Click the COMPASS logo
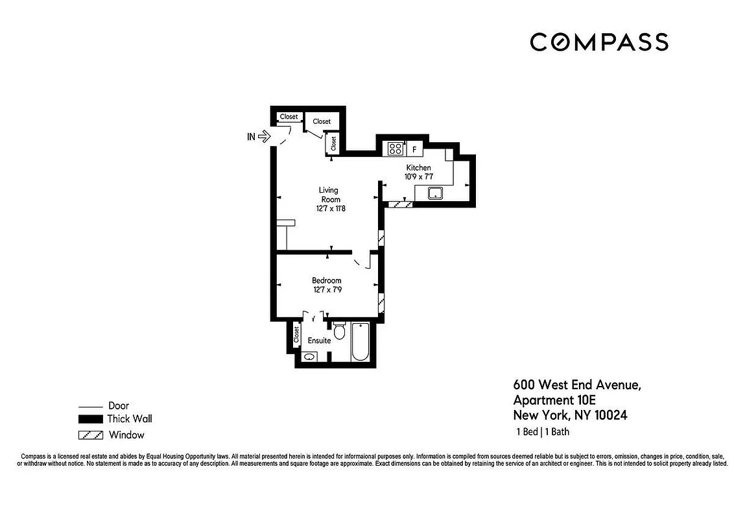click(x=598, y=42)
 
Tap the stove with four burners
click(x=394, y=149)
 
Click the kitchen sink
click(x=434, y=193)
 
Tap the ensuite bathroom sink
click(x=309, y=356)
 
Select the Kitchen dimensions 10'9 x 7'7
click(x=418, y=176)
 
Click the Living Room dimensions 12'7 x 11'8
click(x=327, y=208)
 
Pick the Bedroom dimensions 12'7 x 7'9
click(x=326, y=290)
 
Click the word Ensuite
click(x=319, y=341)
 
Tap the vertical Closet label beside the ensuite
click(x=296, y=335)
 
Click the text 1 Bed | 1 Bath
click(x=542, y=432)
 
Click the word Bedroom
click(x=326, y=280)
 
